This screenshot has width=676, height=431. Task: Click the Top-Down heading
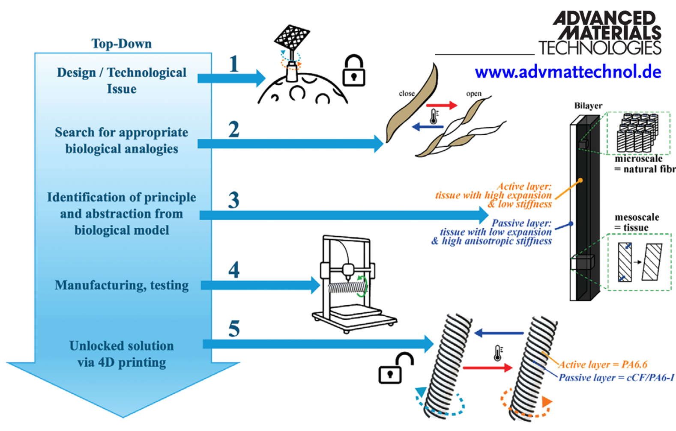point(121,44)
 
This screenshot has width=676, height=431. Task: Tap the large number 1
point(233,64)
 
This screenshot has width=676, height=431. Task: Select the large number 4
point(233,270)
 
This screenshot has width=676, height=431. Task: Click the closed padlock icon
point(354,71)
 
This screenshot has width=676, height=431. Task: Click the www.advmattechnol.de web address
point(568,72)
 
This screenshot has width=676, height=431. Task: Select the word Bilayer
point(588,106)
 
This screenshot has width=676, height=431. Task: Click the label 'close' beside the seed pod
point(407,93)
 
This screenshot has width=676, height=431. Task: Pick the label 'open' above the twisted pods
point(473,94)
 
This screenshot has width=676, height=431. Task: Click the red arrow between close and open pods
point(442,105)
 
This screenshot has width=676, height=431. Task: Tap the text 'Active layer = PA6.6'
point(602,365)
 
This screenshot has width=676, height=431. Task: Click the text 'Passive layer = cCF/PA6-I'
point(616,377)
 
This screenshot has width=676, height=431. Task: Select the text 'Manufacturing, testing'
point(122,285)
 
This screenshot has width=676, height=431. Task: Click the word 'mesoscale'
point(637,217)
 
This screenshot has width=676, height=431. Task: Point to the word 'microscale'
point(638,159)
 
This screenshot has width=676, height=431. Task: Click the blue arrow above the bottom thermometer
point(499,333)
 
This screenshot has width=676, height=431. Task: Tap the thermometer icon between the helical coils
point(498,353)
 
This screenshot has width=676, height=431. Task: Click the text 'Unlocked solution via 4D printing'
point(122,354)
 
